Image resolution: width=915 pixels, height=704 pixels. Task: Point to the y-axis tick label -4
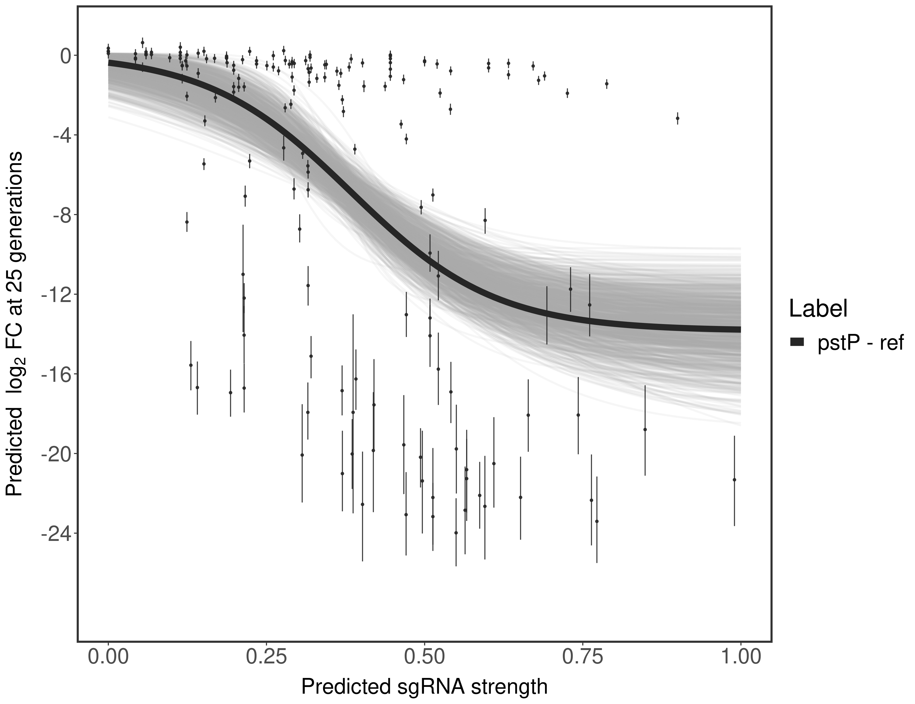point(60,135)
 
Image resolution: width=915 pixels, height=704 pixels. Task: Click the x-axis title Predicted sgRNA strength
point(424,688)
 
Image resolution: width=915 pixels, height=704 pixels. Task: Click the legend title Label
point(818,309)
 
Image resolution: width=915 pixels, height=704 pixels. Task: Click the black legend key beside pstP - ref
point(797,342)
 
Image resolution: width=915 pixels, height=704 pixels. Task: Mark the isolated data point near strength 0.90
point(678,118)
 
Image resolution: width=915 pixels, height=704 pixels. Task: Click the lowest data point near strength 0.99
point(734,480)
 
